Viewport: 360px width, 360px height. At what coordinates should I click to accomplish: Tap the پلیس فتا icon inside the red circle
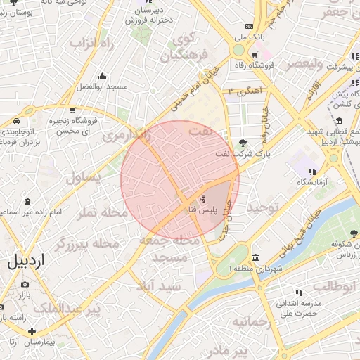(202, 199)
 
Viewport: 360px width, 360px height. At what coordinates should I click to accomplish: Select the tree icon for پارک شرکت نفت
(243, 143)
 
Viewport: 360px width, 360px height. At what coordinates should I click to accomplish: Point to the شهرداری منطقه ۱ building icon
(255, 258)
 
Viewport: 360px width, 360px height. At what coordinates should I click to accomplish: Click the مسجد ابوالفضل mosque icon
(103, 76)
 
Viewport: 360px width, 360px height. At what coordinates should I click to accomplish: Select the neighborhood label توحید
(262, 207)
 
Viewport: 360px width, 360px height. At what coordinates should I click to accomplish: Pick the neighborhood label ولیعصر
(303, 64)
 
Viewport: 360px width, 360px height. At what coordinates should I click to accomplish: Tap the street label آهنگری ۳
(245, 91)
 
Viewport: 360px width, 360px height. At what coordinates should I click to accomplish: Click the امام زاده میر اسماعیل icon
(27, 201)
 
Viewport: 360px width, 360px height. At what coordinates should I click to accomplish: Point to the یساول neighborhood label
(84, 178)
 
